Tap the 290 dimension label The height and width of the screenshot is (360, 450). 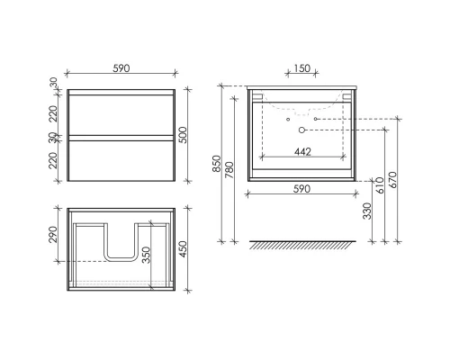coord(53,235)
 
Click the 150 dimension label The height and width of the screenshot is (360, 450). coord(301,67)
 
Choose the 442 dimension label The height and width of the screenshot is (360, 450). coord(302,152)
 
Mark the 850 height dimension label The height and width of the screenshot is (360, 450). coord(219,164)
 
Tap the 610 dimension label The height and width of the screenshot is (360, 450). coord(382,185)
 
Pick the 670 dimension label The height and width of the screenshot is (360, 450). coord(394,180)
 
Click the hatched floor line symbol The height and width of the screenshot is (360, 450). coord(302,244)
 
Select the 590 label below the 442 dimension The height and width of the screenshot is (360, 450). coord(302,189)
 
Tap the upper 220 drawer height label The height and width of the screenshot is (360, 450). coord(53,113)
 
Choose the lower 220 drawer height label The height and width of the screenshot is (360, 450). coord(53,160)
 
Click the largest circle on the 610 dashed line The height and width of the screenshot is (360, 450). coord(302,130)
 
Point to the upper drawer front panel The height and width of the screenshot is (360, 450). coord(121,113)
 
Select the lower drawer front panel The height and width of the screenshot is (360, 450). coord(121,160)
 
